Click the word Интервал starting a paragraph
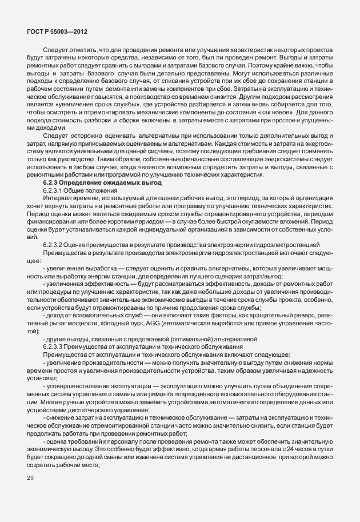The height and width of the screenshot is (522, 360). pos(56,197)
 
